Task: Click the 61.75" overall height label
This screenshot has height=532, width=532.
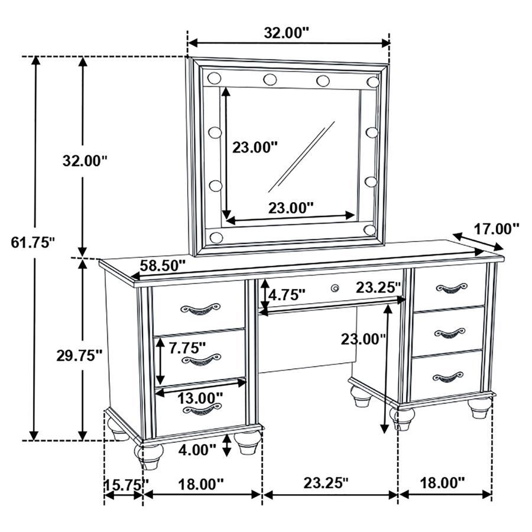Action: click(33, 242)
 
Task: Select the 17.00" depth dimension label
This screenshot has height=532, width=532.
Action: click(497, 228)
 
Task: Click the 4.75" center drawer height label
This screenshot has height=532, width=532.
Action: click(287, 294)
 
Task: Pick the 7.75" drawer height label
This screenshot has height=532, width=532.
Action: click(187, 348)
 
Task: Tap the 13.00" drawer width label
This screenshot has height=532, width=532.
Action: click(201, 397)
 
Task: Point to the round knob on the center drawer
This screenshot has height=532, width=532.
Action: click(335, 288)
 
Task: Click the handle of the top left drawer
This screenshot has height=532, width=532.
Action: click(200, 308)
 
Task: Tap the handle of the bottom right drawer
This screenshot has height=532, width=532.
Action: click(447, 376)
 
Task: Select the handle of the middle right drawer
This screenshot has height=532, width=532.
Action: click(450, 332)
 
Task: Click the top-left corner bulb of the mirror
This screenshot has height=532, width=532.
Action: click(214, 77)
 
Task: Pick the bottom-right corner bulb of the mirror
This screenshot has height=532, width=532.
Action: click(370, 229)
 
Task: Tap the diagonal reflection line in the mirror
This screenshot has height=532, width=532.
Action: click(301, 157)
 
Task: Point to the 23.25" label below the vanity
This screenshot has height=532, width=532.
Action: click(326, 484)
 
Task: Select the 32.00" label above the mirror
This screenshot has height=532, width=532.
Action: click(287, 33)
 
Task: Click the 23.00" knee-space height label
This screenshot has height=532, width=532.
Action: click(362, 339)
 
